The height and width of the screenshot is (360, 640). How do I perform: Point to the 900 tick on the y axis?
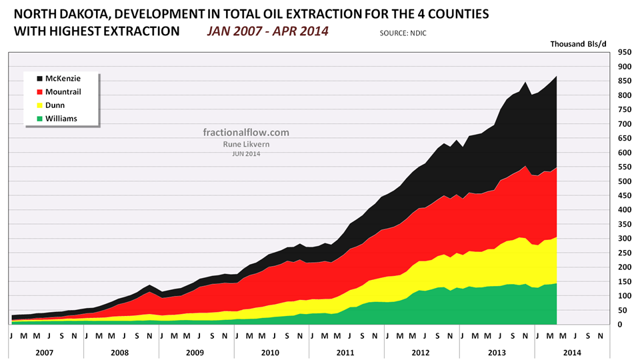pyautogui.click(x=625, y=67)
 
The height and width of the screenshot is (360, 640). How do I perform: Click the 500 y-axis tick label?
pyautogui.click(x=625, y=181)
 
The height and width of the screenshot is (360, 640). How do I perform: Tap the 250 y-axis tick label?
pyautogui.click(x=625, y=253)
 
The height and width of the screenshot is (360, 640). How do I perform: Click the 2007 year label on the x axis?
pyautogui.click(x=46, y=351)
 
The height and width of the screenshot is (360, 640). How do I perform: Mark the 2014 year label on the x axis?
pyautogui.click(x=572, y=351)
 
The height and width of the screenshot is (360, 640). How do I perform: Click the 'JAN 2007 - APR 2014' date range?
pyautogui.click(x=267, y=31)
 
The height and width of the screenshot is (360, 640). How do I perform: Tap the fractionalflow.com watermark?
pyautogui.click(x=246, y=132)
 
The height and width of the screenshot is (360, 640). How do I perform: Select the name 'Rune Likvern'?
pyautogui.click(x=246, y=143)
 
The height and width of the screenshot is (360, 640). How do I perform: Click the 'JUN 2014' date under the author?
pyautogui.click(x=246, y=154)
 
